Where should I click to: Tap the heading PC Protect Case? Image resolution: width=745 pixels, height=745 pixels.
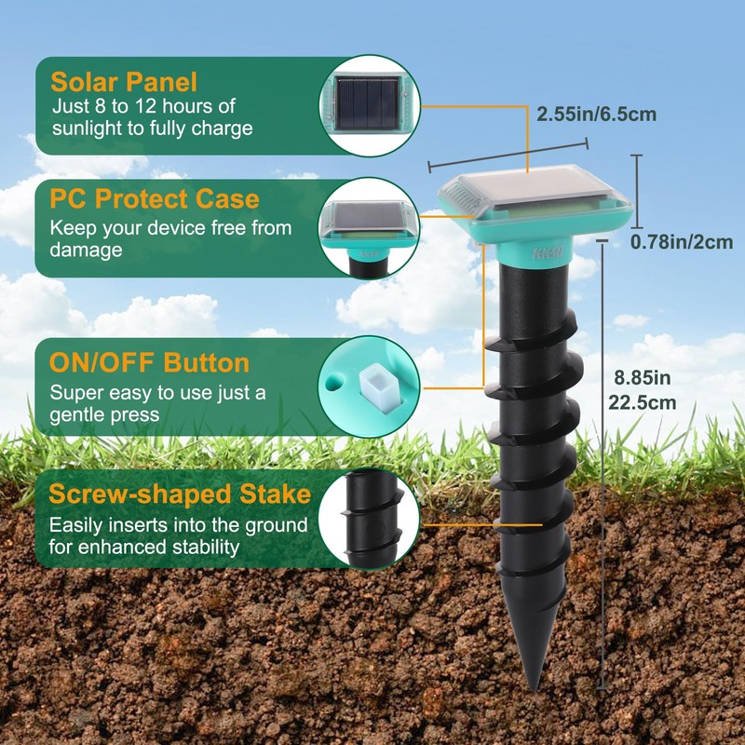click(155, 199)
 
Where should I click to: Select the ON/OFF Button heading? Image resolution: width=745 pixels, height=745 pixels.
click(150, 362)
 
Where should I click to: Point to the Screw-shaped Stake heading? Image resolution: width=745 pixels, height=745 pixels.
click(180, 494)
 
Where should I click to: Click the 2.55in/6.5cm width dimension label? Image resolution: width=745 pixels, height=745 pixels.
click(596, 115)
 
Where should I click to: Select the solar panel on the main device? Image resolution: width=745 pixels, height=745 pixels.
click(531, 190)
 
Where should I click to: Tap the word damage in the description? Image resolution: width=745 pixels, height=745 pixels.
click(86, 251)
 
